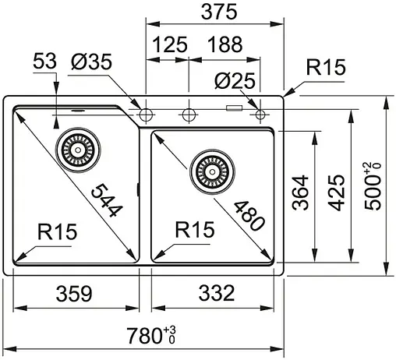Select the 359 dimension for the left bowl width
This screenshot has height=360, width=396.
(x=76, y=294)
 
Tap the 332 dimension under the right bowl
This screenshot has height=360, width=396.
(x=212, y=294)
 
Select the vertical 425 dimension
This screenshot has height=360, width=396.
(x=336, y=192)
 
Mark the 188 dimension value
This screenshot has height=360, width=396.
(x=225, y=46)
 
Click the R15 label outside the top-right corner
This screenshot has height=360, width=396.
(x=325, y=69)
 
